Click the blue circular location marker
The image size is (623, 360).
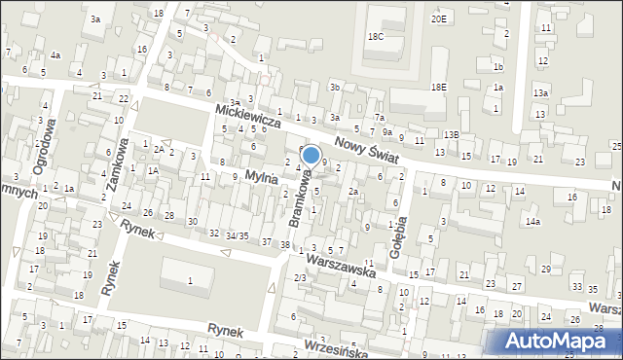point(311,155)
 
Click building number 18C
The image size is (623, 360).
point(376,36)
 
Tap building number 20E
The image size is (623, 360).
point(439,18)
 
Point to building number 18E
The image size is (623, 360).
point(439,87)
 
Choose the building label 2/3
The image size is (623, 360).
point(300,278)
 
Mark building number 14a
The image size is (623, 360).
point(532,222)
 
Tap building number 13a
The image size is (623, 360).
point(540,92)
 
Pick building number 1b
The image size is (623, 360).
point(497,66)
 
